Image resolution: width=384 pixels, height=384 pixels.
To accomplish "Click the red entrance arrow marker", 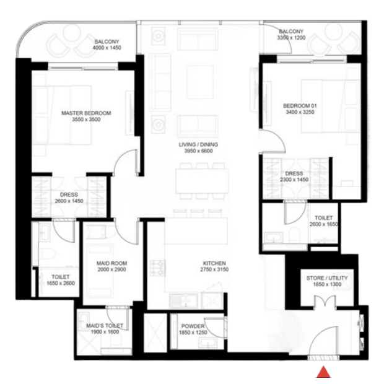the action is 323,372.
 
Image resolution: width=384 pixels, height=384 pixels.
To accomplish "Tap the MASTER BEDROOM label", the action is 86,113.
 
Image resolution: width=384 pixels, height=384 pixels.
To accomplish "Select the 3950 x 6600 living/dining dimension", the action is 198,151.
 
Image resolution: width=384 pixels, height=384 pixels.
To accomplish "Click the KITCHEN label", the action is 214,263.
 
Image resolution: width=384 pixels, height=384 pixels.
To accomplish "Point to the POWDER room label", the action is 193,326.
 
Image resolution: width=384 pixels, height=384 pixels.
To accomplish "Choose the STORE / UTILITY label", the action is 327,278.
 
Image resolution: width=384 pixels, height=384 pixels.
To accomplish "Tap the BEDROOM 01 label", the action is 300,106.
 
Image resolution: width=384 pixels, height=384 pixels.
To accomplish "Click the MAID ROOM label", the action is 111,263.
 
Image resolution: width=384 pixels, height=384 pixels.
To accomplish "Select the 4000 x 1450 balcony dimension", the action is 107,48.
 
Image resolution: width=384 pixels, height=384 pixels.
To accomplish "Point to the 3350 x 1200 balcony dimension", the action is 291,37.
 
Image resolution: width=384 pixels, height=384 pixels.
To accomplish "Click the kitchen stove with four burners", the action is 157,268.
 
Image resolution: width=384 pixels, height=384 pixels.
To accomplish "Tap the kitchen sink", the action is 184,300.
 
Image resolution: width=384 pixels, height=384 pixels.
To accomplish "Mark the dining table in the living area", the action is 202,181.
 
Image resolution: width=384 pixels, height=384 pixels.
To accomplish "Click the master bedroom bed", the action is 63,115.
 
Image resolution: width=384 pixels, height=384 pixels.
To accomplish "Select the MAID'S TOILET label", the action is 105,326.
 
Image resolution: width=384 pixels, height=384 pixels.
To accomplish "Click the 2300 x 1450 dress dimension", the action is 294,180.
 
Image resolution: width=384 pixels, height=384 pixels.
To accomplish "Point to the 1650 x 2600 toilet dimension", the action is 61,283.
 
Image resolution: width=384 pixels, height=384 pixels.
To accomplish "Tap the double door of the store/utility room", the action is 325,301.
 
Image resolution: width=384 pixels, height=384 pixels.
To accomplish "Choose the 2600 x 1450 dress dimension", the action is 69,201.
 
